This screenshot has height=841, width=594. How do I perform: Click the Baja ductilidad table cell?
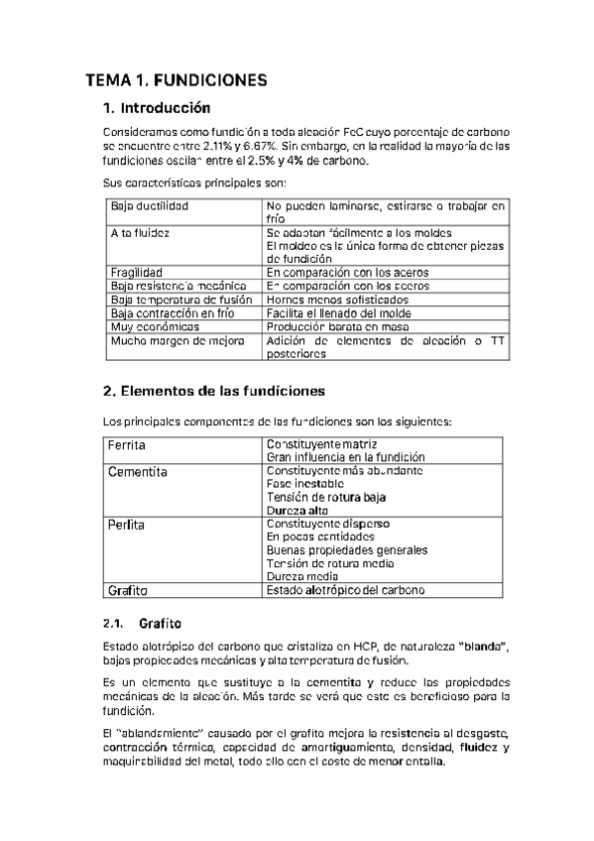pos(150,205)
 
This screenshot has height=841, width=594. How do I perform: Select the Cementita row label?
pos(138,472)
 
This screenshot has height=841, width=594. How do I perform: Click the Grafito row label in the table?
pos(128,591)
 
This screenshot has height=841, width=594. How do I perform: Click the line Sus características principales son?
pos(181,183)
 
